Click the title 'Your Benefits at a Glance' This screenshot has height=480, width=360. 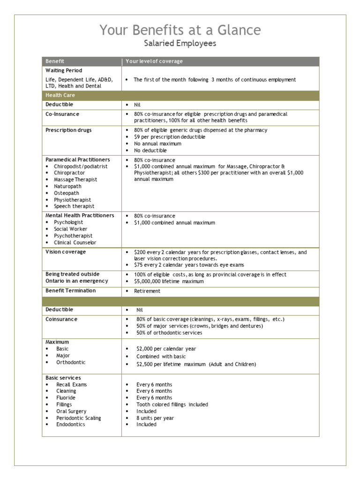click(x=180, y=30)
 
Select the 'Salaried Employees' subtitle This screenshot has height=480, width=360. click(x=180, y=44)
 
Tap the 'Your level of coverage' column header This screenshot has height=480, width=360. click(x=154, y=61)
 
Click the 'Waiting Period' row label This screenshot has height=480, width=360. click(x=64, y=71)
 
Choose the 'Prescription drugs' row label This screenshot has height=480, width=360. click(x=68, y=130)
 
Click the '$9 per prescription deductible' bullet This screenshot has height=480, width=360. click(x=169, y=137)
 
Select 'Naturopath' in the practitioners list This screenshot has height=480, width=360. click(x=67, y=187)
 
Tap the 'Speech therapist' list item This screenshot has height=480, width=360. click(x=74, y=206)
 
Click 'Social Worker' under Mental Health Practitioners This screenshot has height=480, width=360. click(x=70, y=229)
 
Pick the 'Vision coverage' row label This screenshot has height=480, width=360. click(x=66, y=252)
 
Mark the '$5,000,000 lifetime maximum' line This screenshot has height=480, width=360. click(x=169, y=281)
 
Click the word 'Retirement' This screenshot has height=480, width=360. click(x=147, y=291)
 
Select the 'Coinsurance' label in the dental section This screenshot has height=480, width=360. click(x=61, y=319)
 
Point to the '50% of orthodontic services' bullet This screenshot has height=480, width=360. click(x=169, y=333)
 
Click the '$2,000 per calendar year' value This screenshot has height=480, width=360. click(x=166, y=349)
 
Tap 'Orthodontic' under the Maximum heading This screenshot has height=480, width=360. click(x=71, y=362)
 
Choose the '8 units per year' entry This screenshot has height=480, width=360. click(x=155, y=418)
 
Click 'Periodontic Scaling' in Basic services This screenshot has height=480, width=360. click(x=78, y=418)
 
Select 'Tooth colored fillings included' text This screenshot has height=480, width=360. click(x=172, y=405)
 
